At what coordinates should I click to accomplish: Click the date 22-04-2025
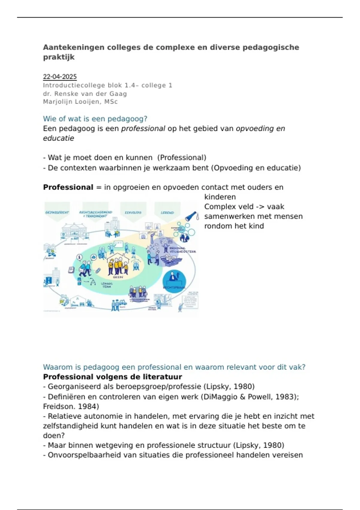pos(60,77)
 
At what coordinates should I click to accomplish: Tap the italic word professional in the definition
pos(143,128)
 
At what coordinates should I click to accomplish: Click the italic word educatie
pos(58,138)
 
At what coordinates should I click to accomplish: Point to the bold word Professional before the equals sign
pos(68,187)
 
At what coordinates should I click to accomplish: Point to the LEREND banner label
pos(167,213)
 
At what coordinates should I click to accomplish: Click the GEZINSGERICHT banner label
pos(57,212)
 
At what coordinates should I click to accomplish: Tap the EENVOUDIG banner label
pos(133,213)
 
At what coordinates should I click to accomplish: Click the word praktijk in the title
pos(58,57)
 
